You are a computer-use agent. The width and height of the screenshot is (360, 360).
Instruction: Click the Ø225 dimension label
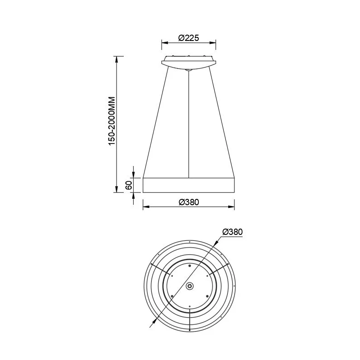tap(189, 38)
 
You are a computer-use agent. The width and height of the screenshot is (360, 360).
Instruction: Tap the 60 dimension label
tap(127, 184)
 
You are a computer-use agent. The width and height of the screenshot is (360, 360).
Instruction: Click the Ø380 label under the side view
tap(189, 202)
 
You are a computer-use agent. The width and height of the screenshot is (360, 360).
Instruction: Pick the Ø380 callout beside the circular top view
tap(232, 232)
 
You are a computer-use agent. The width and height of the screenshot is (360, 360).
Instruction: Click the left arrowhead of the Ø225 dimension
tap(164, 44)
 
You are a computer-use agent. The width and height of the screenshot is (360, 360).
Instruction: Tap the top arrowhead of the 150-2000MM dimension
tap(117, 59)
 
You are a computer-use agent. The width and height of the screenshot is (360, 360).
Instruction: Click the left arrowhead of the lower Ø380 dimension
tap(145, 207)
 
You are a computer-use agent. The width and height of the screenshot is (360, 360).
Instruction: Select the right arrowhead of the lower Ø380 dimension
tap(232, 207)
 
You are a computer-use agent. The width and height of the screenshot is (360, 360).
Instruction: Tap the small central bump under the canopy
tap(189, 70)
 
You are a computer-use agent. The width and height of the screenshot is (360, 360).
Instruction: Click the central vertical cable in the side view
tap(189, 126)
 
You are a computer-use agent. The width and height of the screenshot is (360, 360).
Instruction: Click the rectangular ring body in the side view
tap(189, 184)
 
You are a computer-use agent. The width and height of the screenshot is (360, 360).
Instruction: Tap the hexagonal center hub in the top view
tap(190, 286)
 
